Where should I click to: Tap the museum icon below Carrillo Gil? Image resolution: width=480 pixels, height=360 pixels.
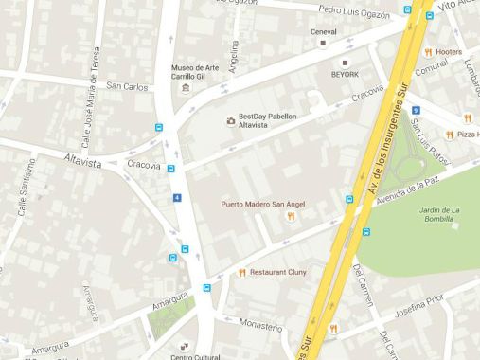coord(186,88)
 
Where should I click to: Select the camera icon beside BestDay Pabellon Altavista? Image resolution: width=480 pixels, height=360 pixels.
coord(230,120)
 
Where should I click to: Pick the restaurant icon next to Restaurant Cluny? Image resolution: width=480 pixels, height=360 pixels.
coord(242,273)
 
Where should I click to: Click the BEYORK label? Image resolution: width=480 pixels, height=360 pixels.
coord(344,74)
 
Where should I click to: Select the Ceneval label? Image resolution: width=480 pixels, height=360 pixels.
coord(324,31)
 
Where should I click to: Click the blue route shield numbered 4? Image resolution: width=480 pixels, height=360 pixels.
coord(177,197)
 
